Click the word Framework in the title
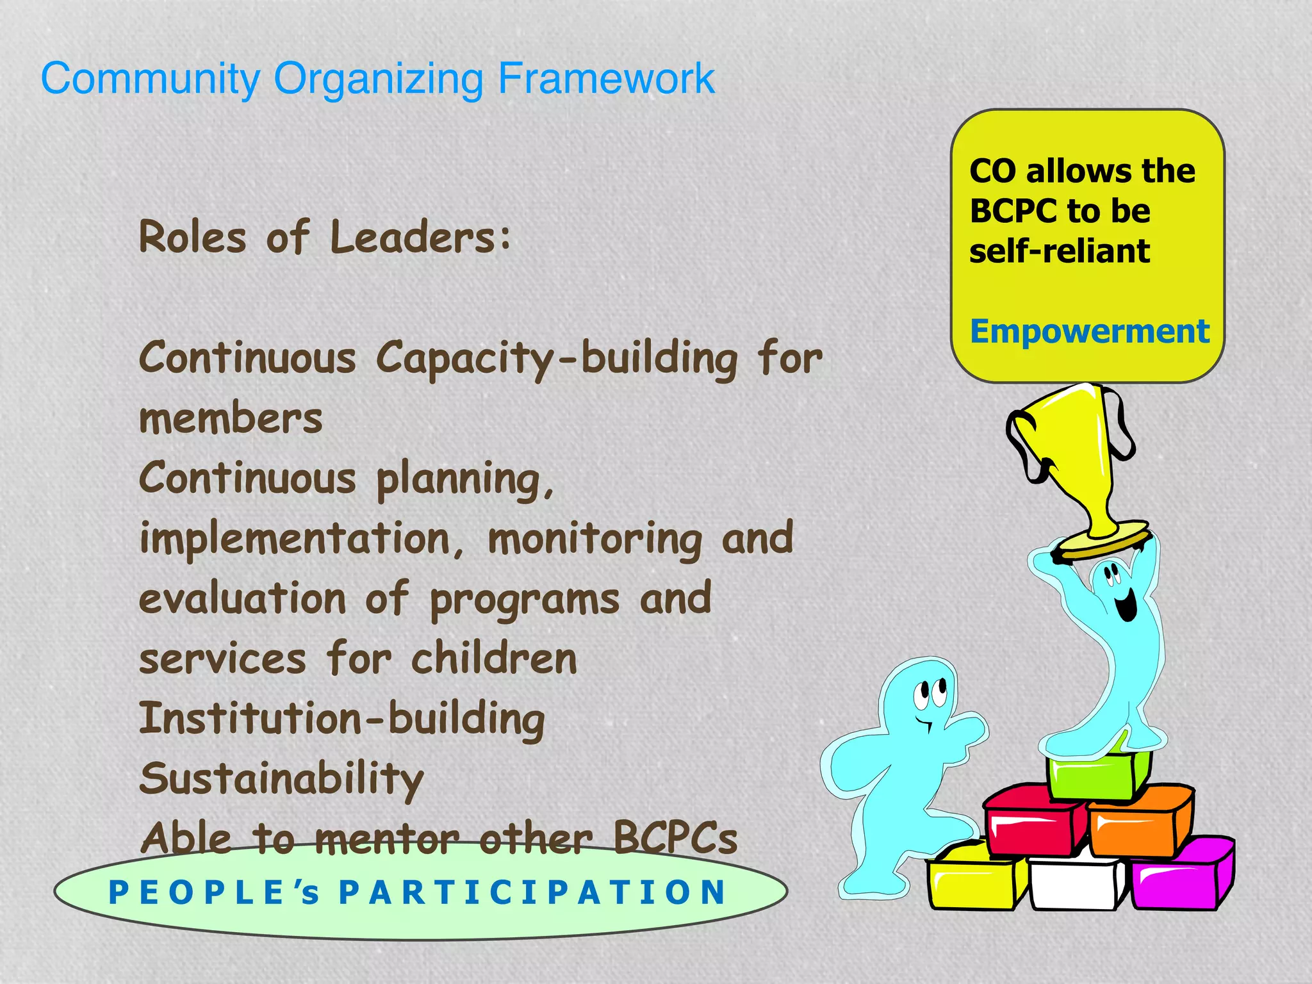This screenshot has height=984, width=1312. [x=605, y=79]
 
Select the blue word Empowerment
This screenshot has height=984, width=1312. [x=1089, y=332]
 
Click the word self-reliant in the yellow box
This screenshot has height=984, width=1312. [x=1060, y=250]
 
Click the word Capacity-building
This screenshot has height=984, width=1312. [x=557, y=359]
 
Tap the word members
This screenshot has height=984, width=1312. [x=231, y=419]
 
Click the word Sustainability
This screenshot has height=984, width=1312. [x=281, y=779]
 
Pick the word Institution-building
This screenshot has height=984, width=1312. [x=341, y=719]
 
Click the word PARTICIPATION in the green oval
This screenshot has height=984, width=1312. [x=533, y=892]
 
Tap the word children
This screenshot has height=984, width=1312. [x=494, y=659]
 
